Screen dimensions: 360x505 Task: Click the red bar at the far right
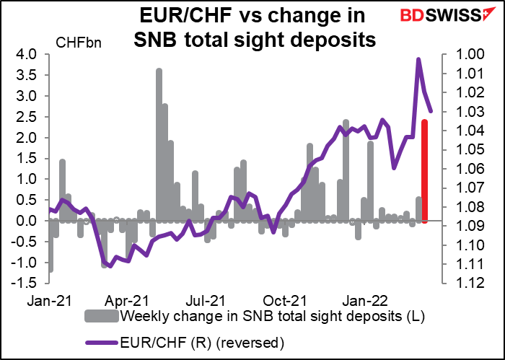coord(425,171)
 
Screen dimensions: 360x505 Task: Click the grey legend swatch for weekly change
coord(103,317)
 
